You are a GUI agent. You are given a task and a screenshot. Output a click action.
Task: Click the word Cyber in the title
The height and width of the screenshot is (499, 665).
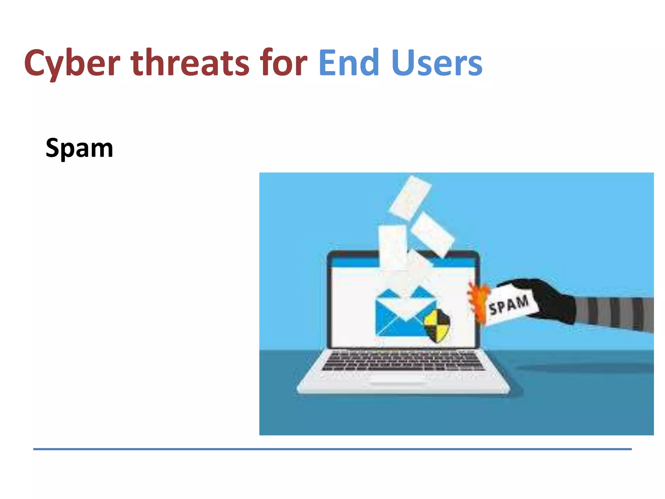click(x=72, y=63)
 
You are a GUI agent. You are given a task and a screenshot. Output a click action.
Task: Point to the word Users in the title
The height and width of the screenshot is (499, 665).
click(x=437, y=63)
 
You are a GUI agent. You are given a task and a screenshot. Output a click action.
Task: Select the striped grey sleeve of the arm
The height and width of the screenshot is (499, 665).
click(x=614, y=313)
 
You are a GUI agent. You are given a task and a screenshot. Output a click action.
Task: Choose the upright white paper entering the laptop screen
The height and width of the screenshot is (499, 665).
click(x=393, y=247)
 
